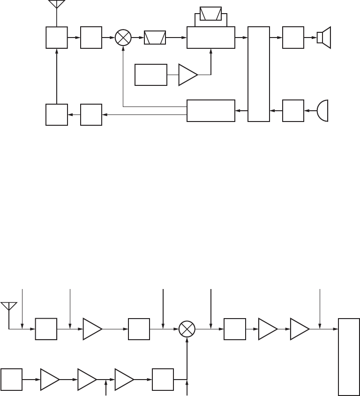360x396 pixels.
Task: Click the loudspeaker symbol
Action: click(324, 38)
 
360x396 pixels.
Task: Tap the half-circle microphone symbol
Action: click(322, 111)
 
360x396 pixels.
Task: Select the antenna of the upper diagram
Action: click(56, 5)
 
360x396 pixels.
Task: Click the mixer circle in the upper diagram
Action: click(123, 38)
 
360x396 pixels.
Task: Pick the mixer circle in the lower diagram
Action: click(187, 329)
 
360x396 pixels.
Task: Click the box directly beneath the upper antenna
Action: click(56, 38)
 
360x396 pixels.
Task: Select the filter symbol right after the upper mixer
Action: click(155, 38)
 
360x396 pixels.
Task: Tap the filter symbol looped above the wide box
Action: click(211, 14)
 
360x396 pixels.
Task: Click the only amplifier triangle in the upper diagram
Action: click(187, 75)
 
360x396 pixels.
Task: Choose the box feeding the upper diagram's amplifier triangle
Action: click(151, 75)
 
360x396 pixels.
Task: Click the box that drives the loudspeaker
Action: click(293, 38)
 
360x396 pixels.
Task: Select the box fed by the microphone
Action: click(293, 111)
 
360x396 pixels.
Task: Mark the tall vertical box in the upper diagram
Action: click(259, 74)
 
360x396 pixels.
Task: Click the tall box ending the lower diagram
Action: click(349, 357)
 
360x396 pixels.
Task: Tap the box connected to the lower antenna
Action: click(46, 329)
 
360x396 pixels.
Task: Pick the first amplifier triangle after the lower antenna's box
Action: click(92, 329)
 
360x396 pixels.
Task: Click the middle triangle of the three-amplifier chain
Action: click(87, 379)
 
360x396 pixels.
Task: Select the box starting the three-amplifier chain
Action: click(11, 379)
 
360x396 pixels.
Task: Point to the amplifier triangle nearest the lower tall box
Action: click(300, 329)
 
